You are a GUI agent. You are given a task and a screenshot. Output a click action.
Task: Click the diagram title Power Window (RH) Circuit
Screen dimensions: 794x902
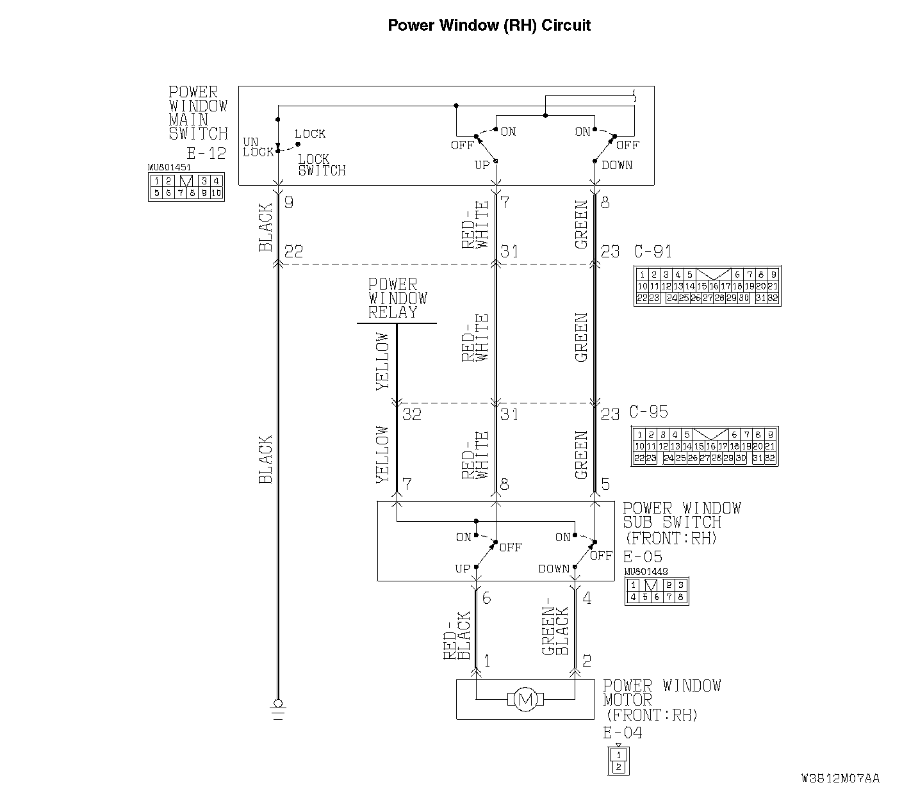click(489, 26)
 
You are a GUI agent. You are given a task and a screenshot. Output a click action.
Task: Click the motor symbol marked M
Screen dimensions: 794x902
click(525, 700)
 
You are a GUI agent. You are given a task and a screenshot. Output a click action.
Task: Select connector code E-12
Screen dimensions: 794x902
click(206, 153)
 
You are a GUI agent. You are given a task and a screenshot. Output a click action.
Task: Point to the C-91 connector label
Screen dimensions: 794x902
click(653, 251)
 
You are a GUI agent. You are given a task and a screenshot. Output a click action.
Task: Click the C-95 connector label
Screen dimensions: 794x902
click(648, 412)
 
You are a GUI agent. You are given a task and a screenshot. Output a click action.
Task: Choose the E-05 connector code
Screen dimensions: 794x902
click(643, 556)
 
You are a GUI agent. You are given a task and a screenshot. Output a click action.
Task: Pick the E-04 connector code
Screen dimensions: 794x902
click(623, 733)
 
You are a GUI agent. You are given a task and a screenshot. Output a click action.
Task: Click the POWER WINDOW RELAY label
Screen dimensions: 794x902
click(397, 298)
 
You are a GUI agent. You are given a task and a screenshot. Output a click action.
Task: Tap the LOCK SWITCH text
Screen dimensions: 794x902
click(322, 165)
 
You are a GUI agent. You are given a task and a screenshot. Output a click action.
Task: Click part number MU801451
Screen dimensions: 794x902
click(170, 168)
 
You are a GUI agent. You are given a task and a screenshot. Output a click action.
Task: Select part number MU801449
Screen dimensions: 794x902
click(646, 572)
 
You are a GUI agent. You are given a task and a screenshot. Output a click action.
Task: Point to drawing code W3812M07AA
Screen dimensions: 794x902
click(840, 779)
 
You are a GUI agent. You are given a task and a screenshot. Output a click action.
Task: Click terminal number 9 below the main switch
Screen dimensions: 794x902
click(288, 203)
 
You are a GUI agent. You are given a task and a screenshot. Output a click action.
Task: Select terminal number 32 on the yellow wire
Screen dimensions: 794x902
click(412, 414)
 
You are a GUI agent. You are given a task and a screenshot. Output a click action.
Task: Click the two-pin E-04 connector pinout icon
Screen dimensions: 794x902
click(618, 761)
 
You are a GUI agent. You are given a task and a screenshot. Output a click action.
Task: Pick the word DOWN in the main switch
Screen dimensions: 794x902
click(617, 165)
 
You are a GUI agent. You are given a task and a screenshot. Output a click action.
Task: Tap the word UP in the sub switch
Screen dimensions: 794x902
click(463, 569)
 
